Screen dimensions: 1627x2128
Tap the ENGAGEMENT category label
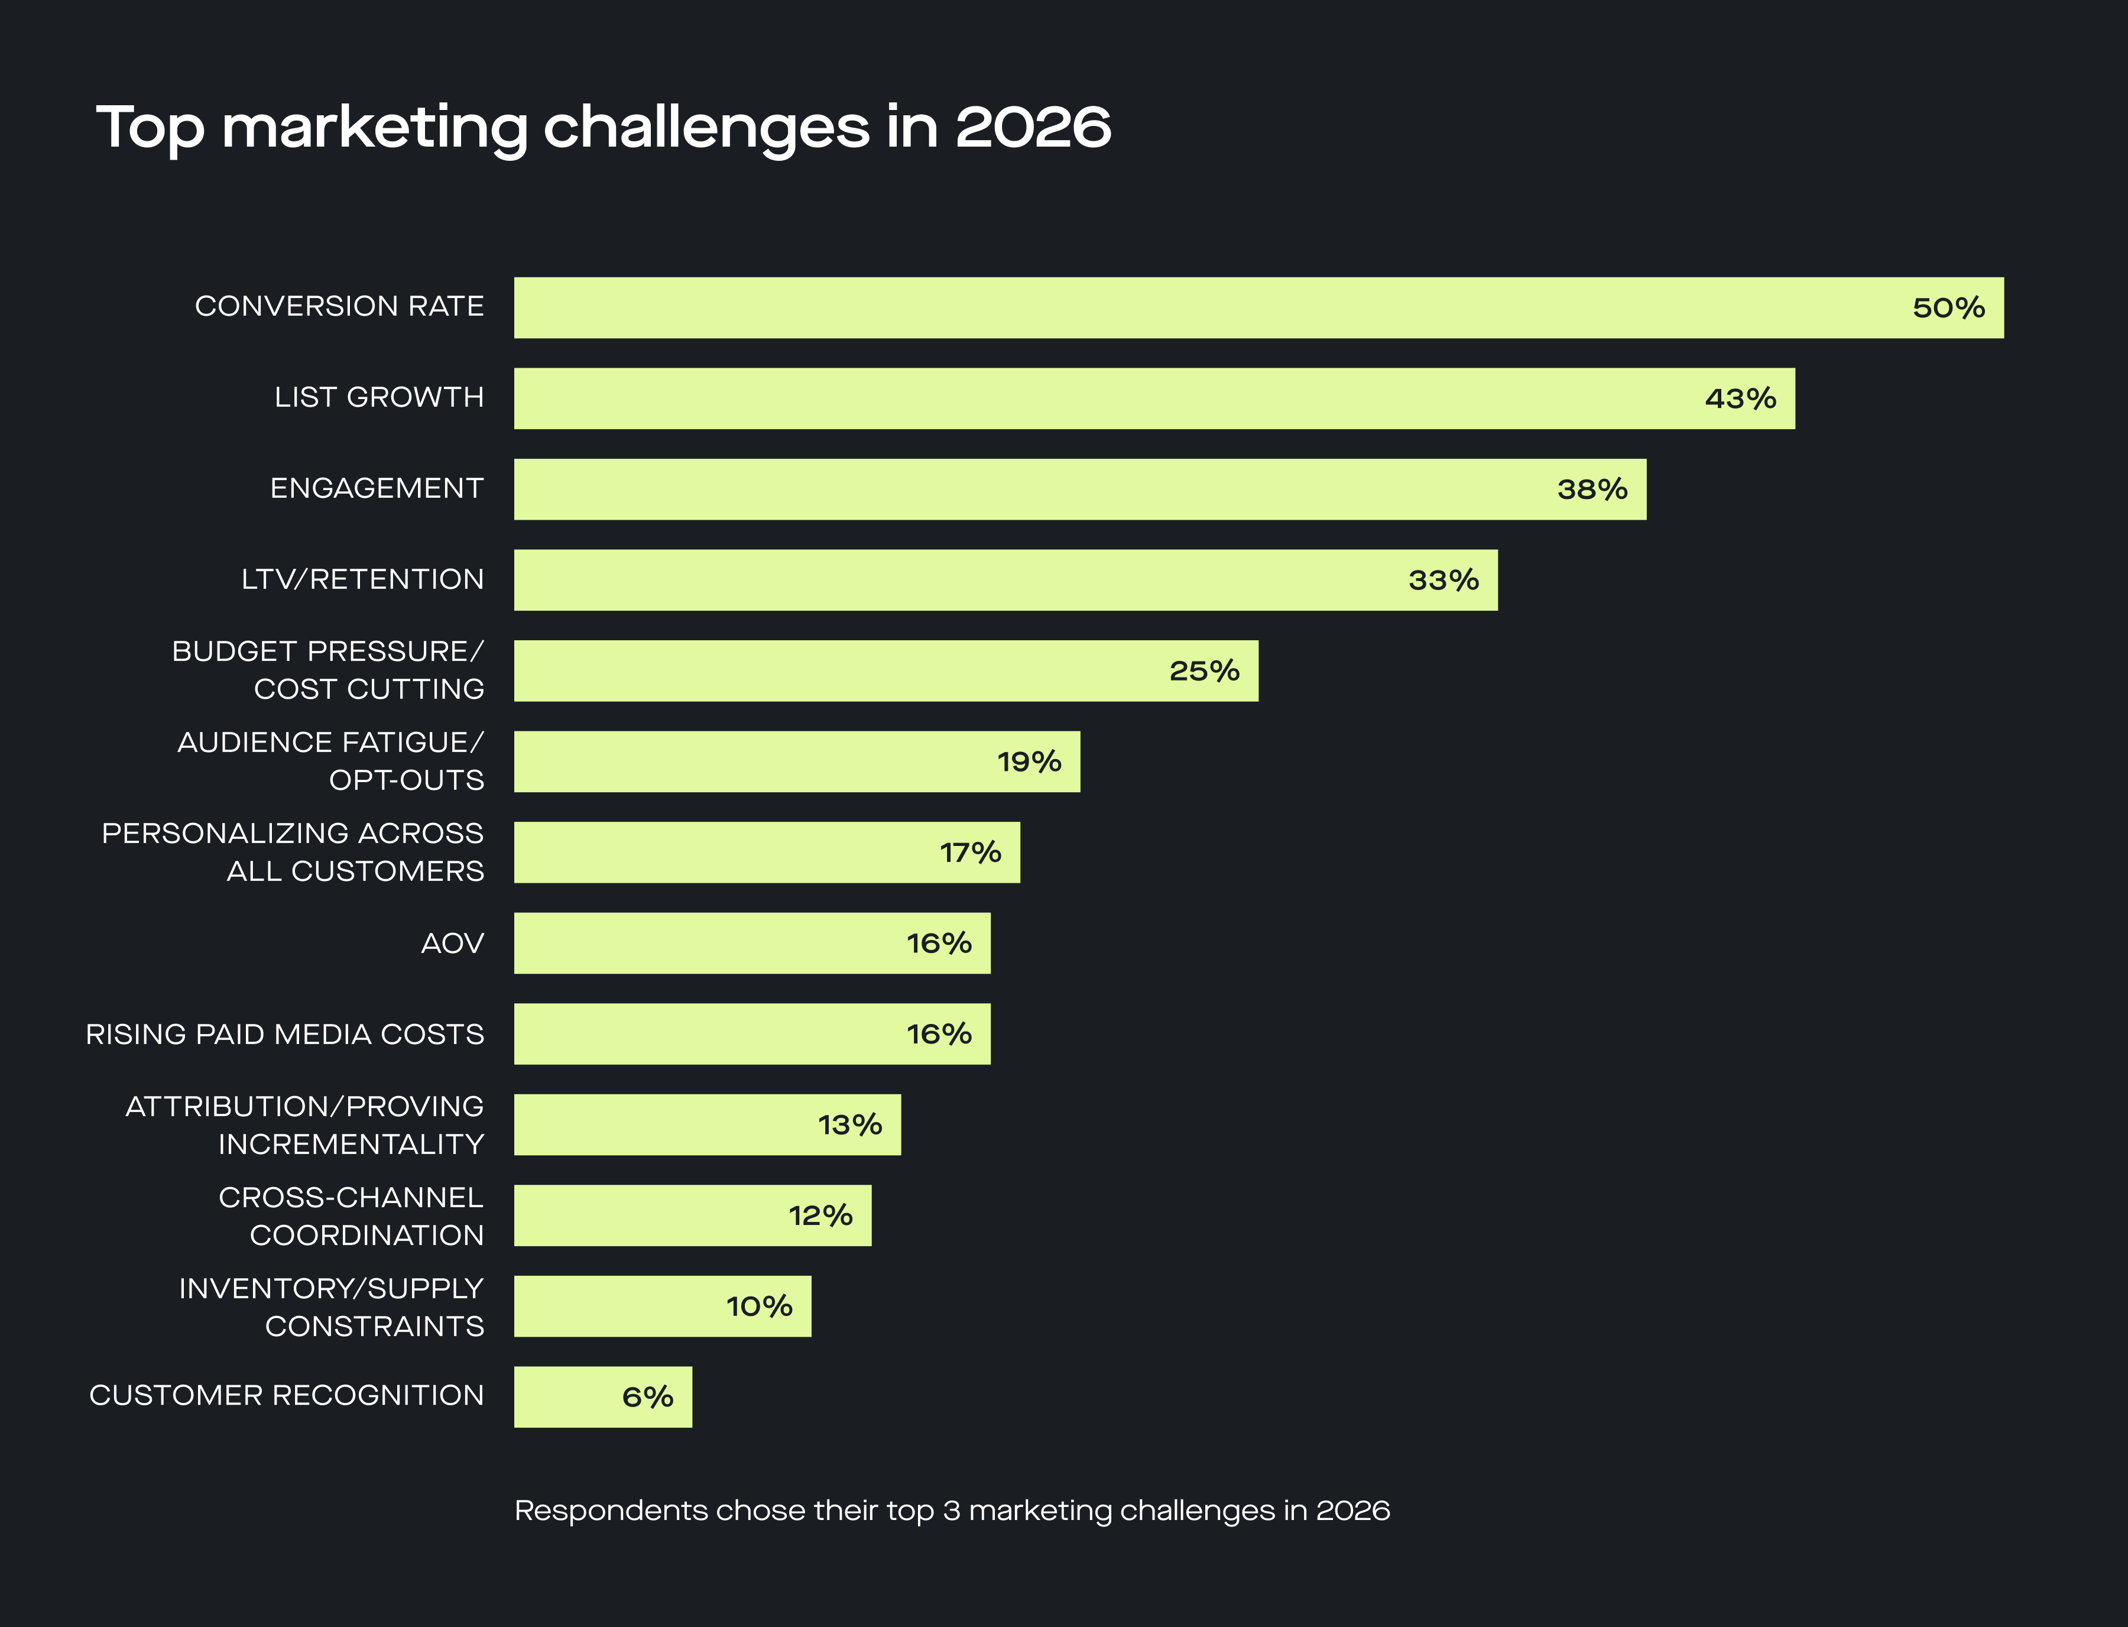pyautogui.click(x=377, y=488)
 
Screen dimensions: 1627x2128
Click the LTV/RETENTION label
pyautogui.click(x=362, y=579)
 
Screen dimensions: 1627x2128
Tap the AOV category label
pyautogui.click(x=452, y=944)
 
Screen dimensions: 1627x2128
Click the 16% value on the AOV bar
pyautogui.click(x=938, y=944)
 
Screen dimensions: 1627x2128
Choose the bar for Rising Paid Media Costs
pyautogui.click(x=751, y=1033)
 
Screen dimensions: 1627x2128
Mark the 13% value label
pyautogui.click(x=849, y=1124)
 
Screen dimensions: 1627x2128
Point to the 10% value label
pyautogui.click(x=759, y=1307)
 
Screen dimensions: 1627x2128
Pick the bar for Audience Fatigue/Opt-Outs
pyautogui.click(x=796, y=761)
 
